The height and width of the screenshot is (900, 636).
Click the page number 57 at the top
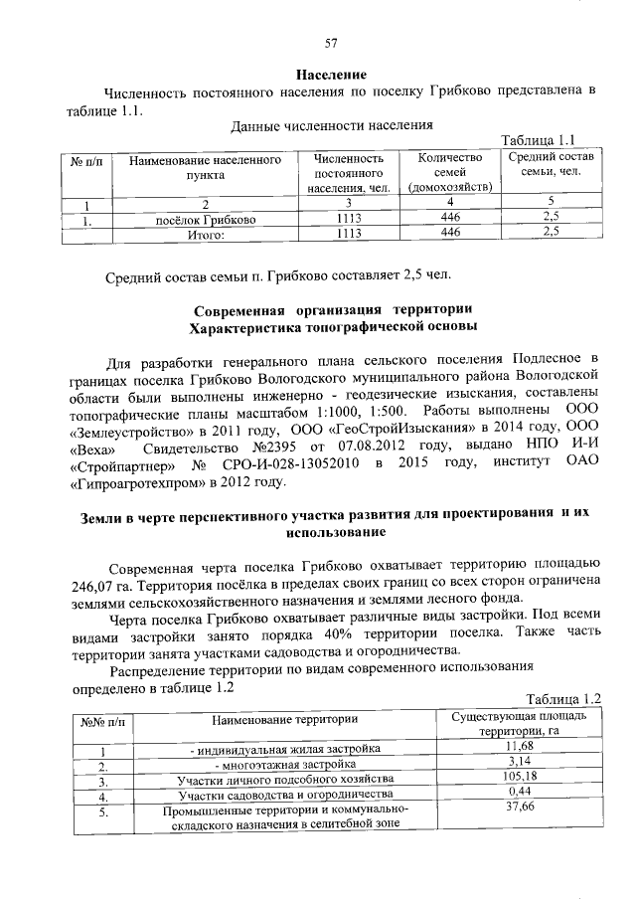[x=332, y=42]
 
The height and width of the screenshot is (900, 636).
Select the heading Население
[x=332, y=75]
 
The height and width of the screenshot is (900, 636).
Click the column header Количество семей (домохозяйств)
[x=450, y=172]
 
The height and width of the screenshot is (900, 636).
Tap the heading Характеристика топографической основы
[x=332, y=325]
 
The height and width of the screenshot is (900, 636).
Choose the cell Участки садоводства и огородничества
[x=284, y=795]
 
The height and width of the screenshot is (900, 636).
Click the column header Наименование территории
[x=284, y=718]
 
